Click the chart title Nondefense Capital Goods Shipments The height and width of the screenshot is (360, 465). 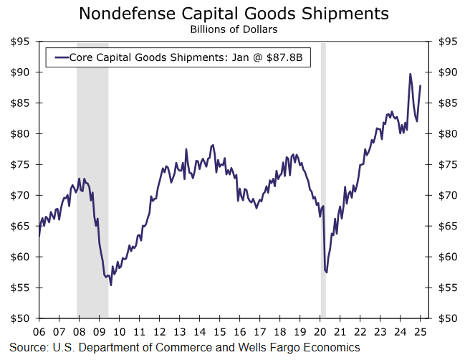(234, 14)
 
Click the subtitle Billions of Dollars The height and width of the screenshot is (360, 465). (234, 29)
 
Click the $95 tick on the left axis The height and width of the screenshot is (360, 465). (20, 42)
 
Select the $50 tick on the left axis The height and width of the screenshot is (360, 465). (20, 318)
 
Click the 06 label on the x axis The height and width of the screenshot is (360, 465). (39, 332)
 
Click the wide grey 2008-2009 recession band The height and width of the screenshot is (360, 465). (92, 179)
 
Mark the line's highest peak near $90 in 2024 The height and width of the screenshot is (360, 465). (410, 74)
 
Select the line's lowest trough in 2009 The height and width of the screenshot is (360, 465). (110, 285)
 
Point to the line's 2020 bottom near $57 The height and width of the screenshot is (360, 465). (326, 272)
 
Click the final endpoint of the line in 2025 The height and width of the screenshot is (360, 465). (421, 85)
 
